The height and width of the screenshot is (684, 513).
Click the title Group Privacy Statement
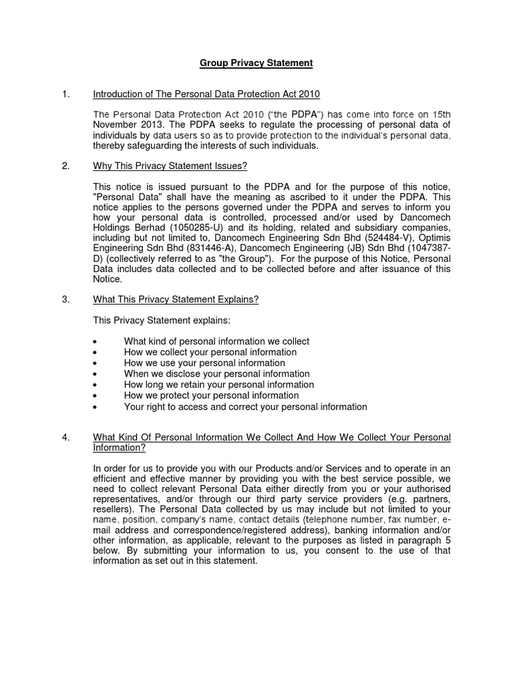[x=256, y=63]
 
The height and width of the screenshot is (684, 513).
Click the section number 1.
[x=65, y=94]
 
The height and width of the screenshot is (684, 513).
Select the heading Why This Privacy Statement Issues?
[x=170, y=166]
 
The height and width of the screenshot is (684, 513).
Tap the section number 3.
[x=65, y=299]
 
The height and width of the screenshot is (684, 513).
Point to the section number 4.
[x=65, y=438]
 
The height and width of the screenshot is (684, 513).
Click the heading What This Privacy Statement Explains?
[x=176, y=299]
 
